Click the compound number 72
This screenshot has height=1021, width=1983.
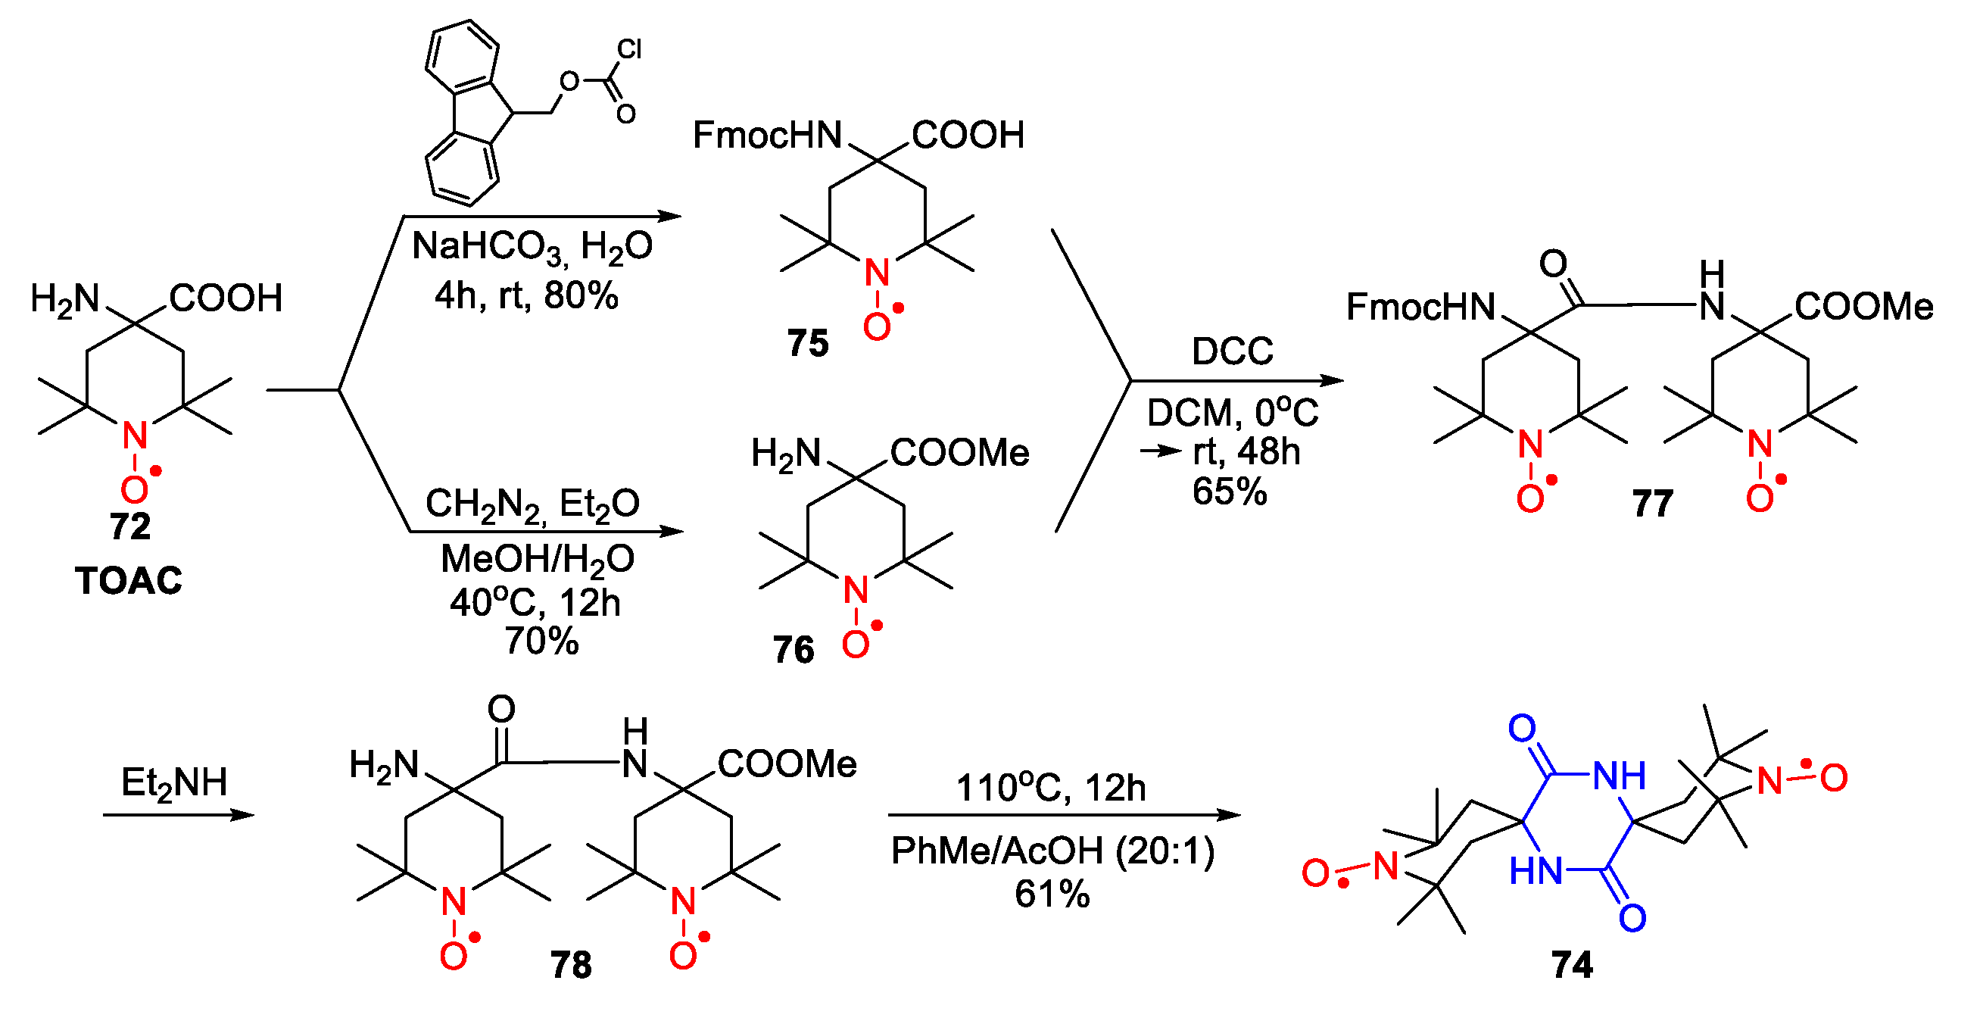(x=129, y=526)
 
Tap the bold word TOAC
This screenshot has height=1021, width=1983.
(x=129, y=581)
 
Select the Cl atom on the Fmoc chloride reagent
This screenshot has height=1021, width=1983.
(x=629, y=49)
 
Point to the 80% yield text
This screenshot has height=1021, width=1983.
(x=581, y=295)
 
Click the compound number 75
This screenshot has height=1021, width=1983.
(x=808, y=342)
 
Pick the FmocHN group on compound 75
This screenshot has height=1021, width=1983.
(x=767, y=136)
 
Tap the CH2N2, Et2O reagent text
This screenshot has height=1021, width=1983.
(x=532, y=505)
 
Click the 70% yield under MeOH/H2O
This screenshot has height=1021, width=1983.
(x=541, y=641)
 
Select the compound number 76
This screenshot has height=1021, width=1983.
(x=794, y=650)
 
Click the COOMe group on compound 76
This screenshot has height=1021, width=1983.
(x=959, y=453)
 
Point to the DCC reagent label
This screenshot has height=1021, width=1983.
(x=1233, y=351)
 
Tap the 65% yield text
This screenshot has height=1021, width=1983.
(x=1230, y=492)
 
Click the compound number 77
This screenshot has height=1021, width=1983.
(x=1653, y=504)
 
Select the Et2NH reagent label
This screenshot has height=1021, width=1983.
(x=174, y=783)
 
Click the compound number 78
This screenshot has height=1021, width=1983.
(x=570, y=965)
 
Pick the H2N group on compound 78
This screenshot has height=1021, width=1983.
(x=383, y=765)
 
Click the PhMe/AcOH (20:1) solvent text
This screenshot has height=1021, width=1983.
(x=1053, y=851)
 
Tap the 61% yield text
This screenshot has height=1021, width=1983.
(x=1052, y=894)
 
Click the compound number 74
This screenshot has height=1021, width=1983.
(x=1572, y=965)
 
